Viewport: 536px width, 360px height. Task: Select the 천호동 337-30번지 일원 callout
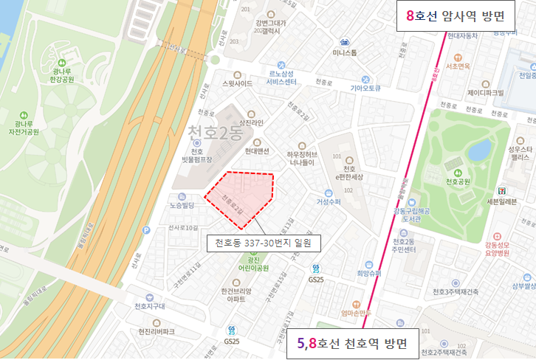tap(263, 242)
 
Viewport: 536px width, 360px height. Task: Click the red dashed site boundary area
tap(244, 193)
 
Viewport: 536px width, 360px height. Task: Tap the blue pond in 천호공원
tap(479, 150)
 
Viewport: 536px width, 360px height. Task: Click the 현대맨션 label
tap(257, 154)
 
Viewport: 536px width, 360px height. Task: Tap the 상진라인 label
tap(251, 122)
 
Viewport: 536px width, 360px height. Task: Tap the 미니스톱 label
tap(344, 53)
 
